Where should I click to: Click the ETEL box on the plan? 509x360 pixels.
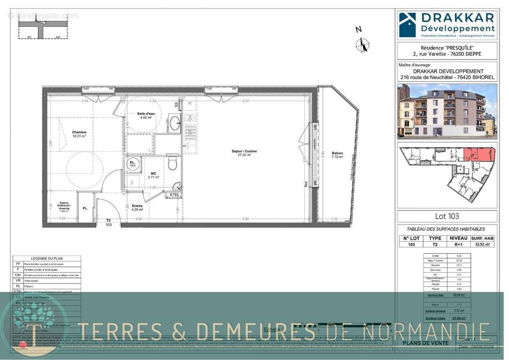(174, 195)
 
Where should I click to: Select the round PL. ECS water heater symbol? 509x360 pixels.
(133, 164)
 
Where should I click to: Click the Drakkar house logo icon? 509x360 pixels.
(408, 25)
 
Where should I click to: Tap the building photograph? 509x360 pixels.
(447, 110)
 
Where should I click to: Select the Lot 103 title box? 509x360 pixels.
(447, 216)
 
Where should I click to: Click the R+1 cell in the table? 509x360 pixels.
(455, 244)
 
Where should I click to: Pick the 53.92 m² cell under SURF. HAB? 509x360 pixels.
(482, 244)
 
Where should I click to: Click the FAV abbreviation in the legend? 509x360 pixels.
(18, 274)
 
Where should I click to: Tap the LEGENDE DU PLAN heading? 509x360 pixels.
(47, 259)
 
